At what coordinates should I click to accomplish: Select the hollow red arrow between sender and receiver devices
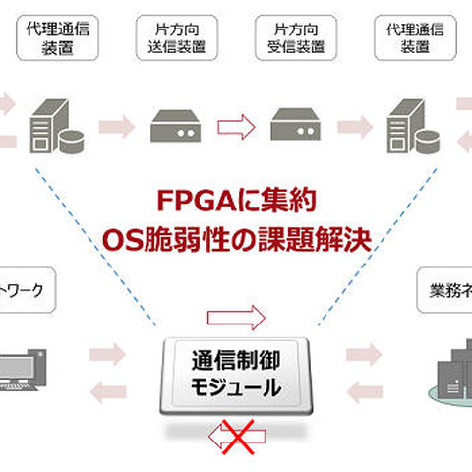click(x=235, y=127)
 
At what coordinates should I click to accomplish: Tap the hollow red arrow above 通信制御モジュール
click(x=237, y=318)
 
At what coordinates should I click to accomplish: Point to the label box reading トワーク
click(x=25, y=292)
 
